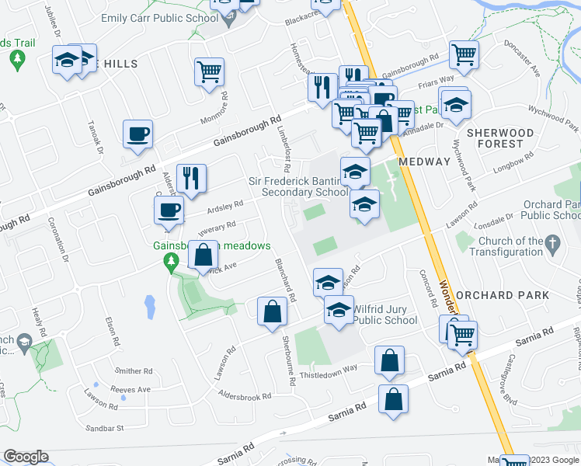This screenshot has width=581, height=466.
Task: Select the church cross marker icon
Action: [x=552, y=243]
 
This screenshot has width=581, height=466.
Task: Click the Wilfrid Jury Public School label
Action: [x=385, y=314]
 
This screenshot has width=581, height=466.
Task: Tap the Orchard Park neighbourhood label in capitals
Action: [x=503, y=295]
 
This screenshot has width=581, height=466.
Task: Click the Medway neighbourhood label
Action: [x=423, y=162]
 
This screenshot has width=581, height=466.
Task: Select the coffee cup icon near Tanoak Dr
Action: [x=137, y=134]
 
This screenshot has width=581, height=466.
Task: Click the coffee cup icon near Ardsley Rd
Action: [x=169, y=209]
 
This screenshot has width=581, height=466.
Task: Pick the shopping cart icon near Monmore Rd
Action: [x=210, y=72]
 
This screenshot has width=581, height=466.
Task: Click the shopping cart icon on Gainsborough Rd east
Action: [x=464, y=54]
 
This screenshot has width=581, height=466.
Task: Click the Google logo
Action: [x=26, y=457]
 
